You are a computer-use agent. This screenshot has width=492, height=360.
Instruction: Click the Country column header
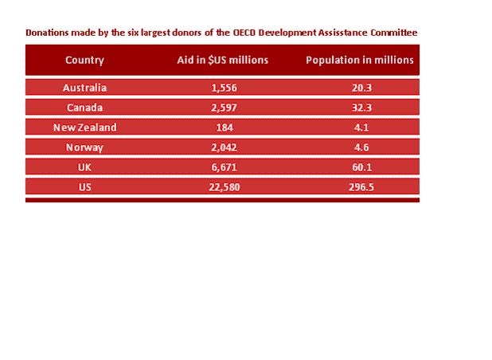coord(84,61)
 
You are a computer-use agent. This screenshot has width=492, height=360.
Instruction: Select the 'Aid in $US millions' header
coord(222,61)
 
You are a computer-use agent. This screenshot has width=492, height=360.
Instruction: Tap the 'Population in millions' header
coord(359,61)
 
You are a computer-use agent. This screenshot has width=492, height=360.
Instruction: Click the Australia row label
coord(84,88)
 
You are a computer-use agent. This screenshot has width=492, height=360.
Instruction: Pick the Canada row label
coord(84,108)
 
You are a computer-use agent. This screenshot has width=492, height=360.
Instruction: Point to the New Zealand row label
coord(84,127)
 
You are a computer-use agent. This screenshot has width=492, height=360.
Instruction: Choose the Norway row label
coord(84,147)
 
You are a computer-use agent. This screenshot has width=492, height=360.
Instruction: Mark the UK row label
coord(84,167)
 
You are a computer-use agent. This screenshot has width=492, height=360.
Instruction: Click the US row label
coord(84,187)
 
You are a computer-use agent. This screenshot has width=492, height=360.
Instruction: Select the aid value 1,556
coord(222,88)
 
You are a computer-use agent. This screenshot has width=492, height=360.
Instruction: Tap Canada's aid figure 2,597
coord(222,108)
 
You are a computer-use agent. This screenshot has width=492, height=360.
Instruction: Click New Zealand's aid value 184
coord(222,127)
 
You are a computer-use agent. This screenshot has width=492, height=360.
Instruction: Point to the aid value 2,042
coord(222,147)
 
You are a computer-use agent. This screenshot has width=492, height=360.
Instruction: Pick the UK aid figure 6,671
coord(222,167)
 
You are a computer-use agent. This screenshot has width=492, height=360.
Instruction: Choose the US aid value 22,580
coord(222,187)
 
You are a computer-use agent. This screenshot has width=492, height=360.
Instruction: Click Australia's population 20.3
coord(359,88)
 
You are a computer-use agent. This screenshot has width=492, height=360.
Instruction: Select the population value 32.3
coord(359,108)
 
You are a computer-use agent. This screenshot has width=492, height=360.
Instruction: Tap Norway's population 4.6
coord(359,147)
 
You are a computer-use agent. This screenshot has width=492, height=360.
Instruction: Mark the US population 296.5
coord(359,187)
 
